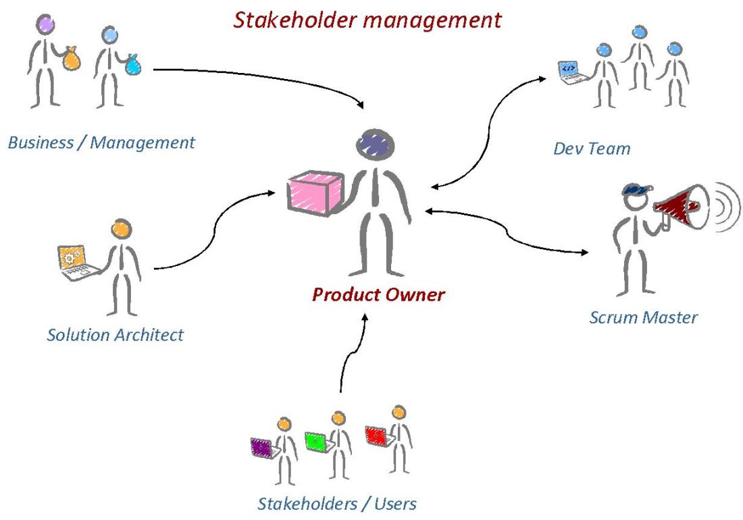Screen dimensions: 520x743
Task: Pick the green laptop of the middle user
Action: pos(316,441)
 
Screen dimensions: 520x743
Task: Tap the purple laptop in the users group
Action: pos(260,447)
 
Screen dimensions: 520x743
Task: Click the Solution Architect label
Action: pos(116,334)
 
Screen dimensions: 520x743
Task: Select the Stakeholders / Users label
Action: pos(336,503)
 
